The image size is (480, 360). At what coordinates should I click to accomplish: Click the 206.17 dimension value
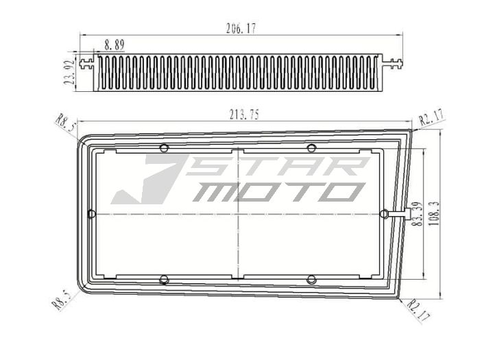coord(241,29)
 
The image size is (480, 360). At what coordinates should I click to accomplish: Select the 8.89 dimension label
coord(115,45)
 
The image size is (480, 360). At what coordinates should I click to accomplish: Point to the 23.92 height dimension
coord(69,71)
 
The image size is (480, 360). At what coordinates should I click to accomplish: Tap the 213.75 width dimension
coord(244,115)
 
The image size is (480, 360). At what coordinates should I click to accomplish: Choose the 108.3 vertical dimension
coord(435,213)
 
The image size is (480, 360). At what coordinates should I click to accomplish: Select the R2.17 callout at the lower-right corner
coord(418,309)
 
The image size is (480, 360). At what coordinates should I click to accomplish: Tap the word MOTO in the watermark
coord(274,192)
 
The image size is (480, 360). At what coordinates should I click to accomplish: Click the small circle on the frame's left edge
coord(92,214)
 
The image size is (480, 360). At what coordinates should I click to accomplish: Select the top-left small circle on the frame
coord(163,148)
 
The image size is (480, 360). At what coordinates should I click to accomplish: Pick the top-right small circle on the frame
coord(311,148)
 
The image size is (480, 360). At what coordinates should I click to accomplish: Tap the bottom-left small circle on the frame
coord(163,279)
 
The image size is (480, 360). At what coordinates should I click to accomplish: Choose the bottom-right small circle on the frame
coord(311,279)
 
